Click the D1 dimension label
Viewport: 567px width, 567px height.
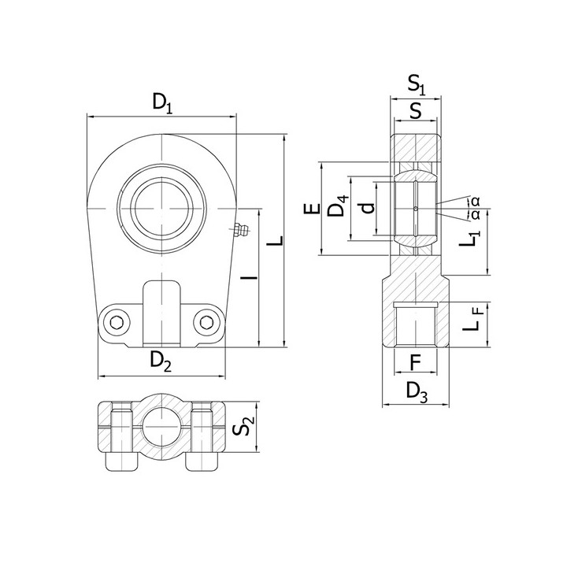pyautogui.click(x=162, y=103)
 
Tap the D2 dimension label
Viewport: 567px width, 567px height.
pyautogui.click(x=161, y=361)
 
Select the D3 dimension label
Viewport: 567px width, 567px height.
pyautogui.click(x=417, y=392)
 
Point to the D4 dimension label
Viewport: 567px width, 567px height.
pyautogui.click(x=338, y=206)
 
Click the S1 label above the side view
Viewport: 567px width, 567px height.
pyautogui.click(x=417, y=85)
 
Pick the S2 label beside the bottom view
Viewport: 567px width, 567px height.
pyautogui.click(x=243, y=425)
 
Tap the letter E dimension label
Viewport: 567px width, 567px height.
pyautogui.click(x=313, y=208)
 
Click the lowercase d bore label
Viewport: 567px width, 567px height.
pyautogui.click(x=367, y=208)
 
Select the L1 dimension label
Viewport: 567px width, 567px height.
pyautogui.click(x=469, y=239)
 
